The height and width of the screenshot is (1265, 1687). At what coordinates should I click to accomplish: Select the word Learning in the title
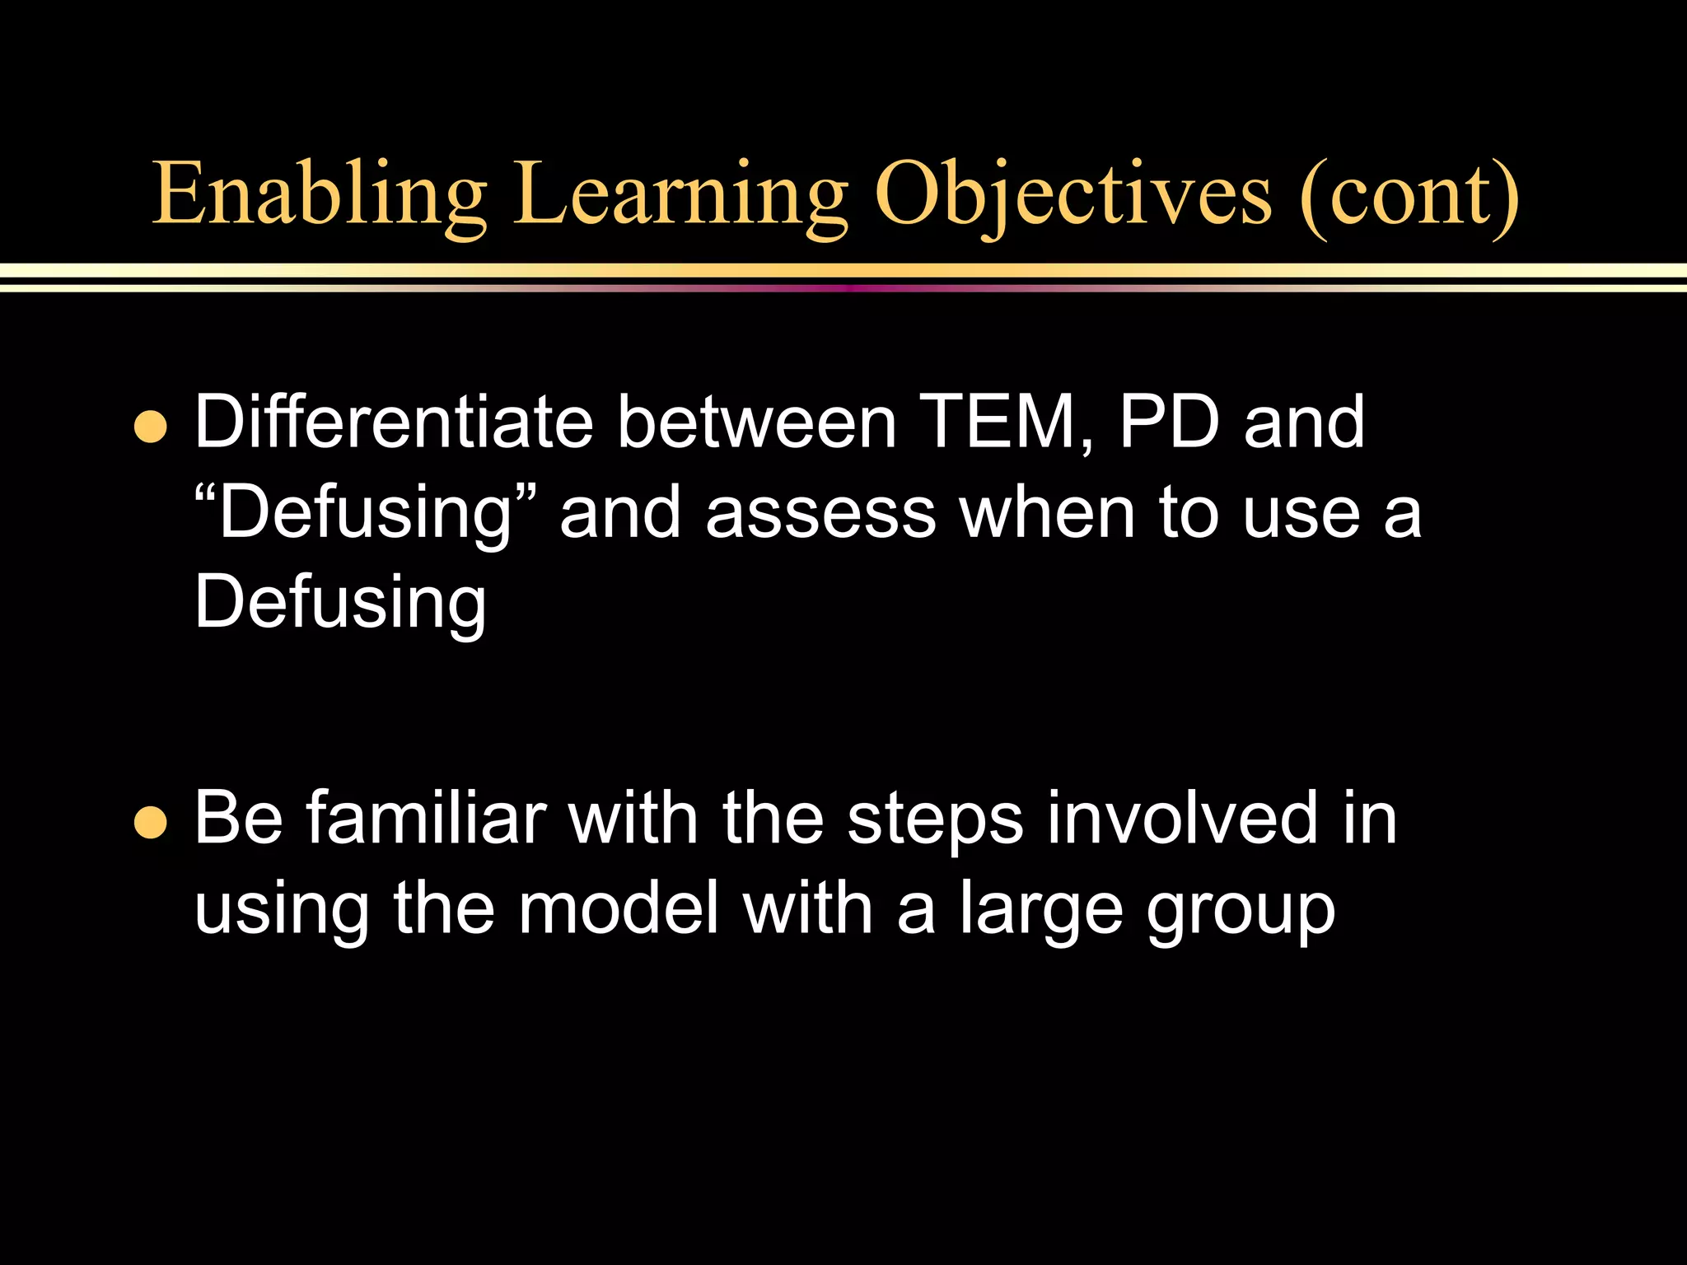(x=680, y=195)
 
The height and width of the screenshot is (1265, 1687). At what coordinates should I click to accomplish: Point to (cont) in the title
(x=1409, y=195)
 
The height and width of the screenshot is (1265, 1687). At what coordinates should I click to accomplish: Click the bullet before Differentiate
(x=150, y=427)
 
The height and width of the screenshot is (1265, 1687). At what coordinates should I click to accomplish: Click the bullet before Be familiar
(x=150, y=822)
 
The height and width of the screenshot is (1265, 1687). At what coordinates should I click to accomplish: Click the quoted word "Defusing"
(x=367, y=514)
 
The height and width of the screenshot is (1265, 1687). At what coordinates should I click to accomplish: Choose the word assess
(x=820, y=514)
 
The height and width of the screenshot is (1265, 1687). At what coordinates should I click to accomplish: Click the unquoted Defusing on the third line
(x=340, y=604)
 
